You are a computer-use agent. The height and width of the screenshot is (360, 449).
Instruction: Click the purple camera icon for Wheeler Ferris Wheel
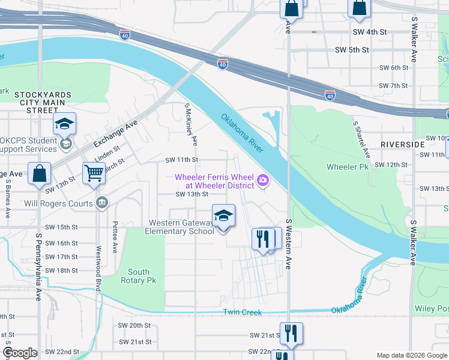(262, 180)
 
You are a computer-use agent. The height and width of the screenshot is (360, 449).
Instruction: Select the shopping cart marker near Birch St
(94, 173)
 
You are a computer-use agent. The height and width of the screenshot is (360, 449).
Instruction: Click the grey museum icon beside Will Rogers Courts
(102, 203)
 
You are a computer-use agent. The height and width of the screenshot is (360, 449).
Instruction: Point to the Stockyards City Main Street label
(43, 103)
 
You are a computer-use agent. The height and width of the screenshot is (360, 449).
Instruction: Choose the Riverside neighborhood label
(403, 145)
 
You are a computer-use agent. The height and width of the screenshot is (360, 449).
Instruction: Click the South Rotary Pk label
(138, 276)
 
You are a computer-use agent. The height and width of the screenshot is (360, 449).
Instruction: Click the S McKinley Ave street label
(191, 125)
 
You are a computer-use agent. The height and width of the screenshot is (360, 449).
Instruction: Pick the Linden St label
(106, 152)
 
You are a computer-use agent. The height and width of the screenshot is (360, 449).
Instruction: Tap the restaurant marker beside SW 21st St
(291, 334)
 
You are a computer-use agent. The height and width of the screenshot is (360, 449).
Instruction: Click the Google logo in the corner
(20, 353)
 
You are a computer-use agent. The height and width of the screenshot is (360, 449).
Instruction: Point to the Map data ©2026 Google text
(412, 355)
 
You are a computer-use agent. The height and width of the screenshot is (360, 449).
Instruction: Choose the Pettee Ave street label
(114, 238)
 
